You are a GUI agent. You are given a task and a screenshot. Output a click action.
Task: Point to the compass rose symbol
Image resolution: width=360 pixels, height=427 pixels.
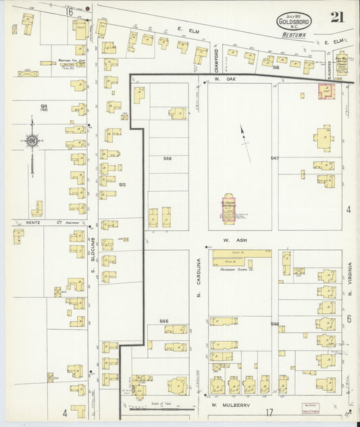click(32, 141)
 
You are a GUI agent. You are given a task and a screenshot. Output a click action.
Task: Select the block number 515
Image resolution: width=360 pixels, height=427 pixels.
click(122, 184)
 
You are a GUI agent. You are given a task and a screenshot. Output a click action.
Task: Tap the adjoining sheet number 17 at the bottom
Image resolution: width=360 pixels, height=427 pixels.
click(269, 412)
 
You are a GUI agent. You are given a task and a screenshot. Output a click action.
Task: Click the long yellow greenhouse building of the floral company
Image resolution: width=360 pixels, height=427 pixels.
click(239, 257)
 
